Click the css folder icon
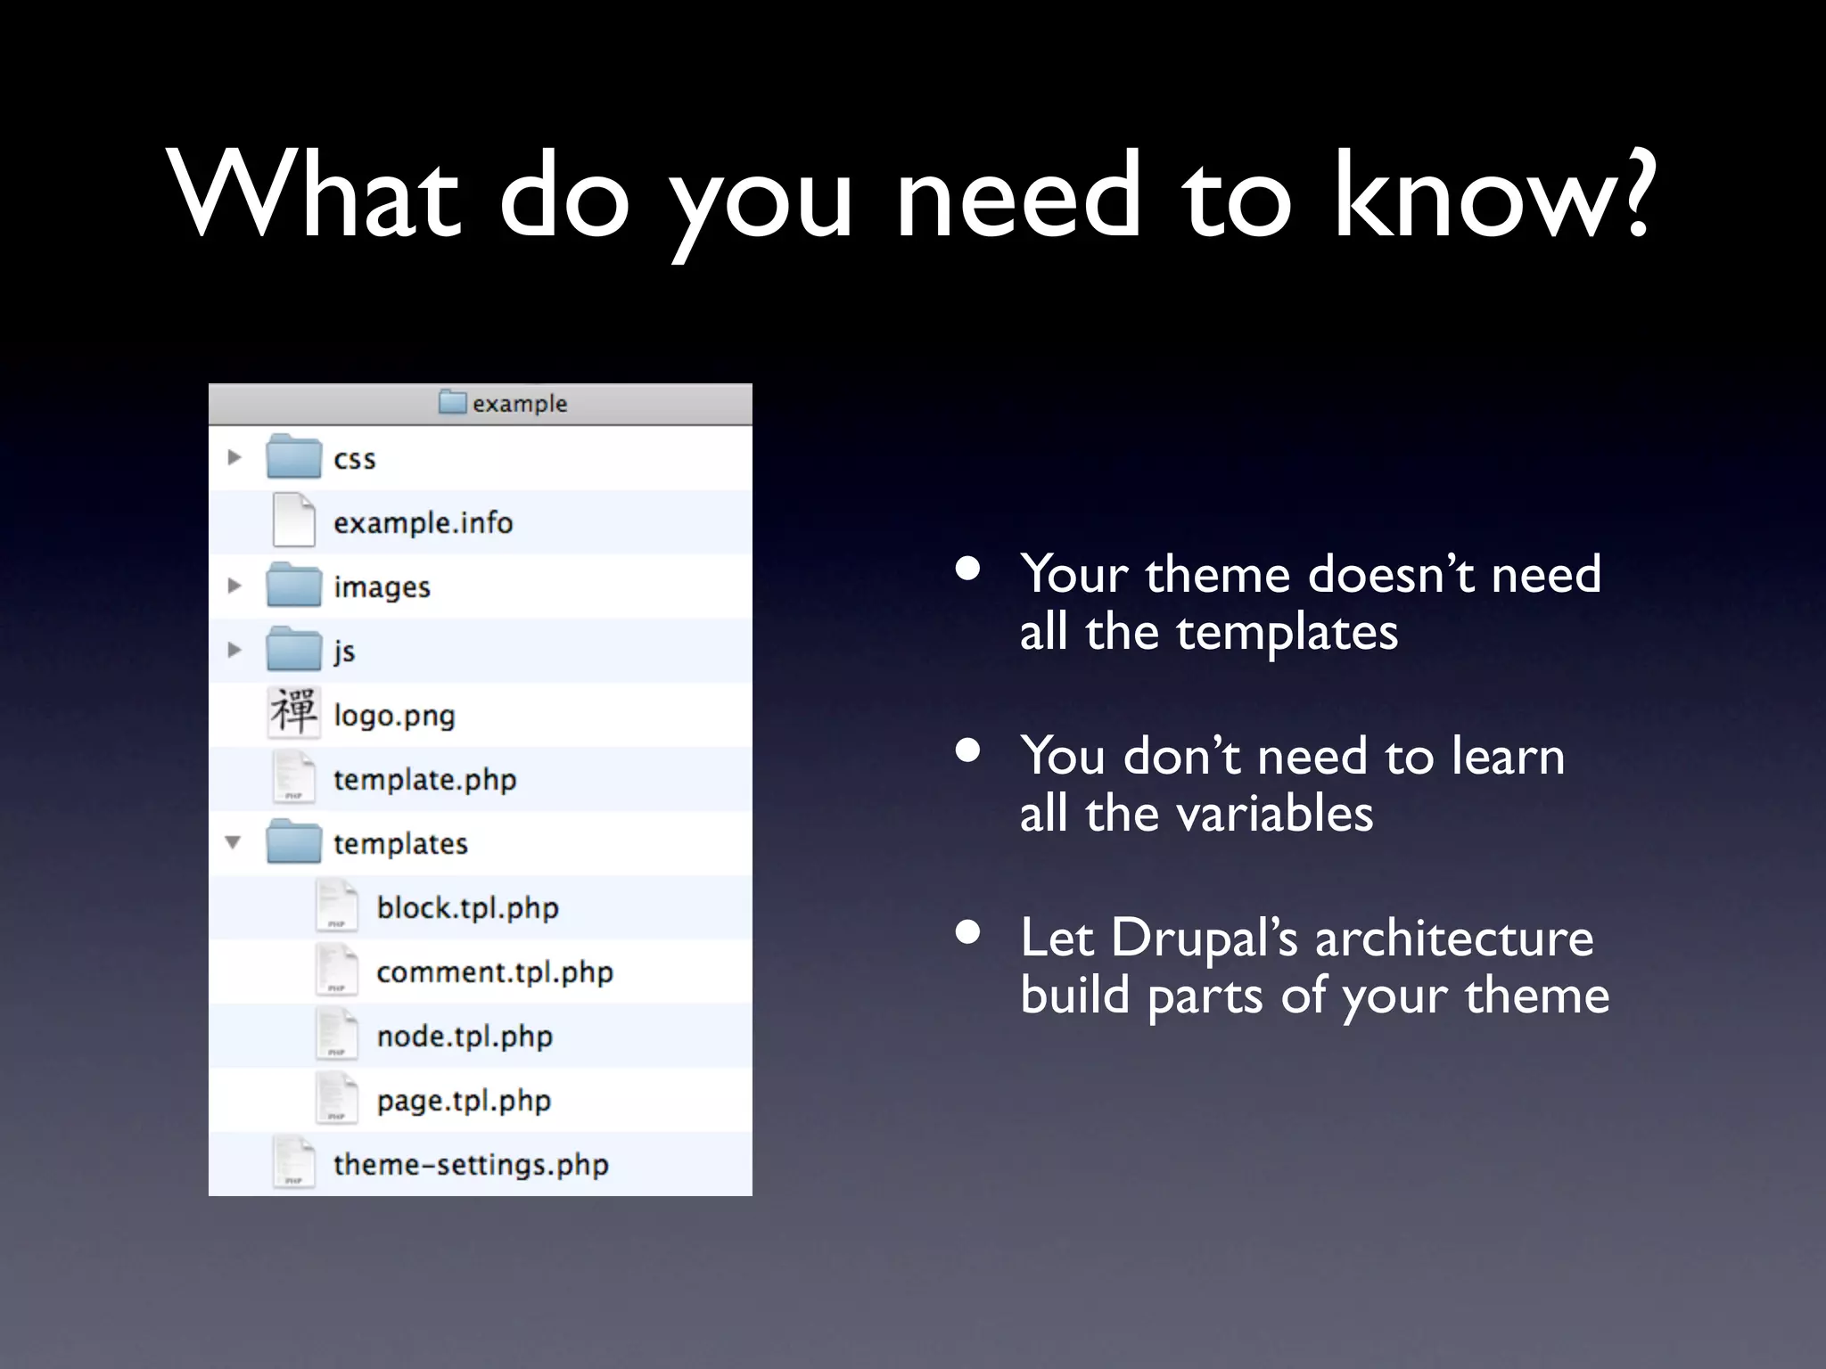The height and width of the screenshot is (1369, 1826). coord(293,457)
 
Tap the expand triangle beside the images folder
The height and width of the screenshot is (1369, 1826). coord(234,586)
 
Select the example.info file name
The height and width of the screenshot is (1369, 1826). coord(423,522)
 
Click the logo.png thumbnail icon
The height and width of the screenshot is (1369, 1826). coord(293,713)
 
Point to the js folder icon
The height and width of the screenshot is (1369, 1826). coord(293,650)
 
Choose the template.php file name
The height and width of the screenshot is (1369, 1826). coord(424,780)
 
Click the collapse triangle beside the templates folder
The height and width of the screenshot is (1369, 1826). coord(234,842)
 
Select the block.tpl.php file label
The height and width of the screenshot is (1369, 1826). coord(467,908)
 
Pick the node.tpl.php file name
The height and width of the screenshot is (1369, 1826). coord(465,1037)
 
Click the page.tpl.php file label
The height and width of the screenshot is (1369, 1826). coord(464,1101)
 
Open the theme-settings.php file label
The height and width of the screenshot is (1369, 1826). coord(471,1165)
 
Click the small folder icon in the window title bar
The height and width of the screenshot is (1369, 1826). coord(453,403)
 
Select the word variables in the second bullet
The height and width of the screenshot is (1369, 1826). coord(1274,814)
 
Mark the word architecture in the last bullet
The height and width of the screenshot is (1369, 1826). coord(1454,938)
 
